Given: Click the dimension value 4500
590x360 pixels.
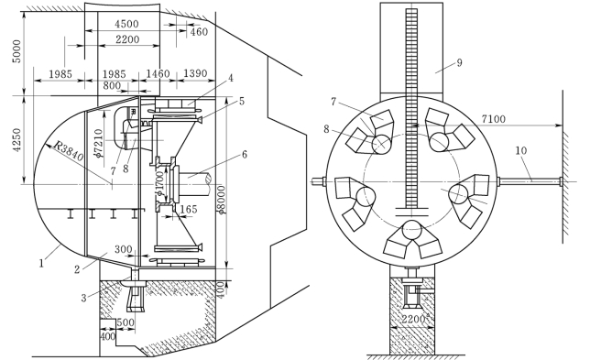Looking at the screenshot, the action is pos(126,24).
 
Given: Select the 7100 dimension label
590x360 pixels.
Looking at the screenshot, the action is pos(493,119).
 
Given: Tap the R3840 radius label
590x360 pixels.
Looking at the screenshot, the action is pos(68,150).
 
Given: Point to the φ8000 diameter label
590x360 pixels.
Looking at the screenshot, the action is pos(222,200).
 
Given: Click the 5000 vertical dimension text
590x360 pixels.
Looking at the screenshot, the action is pos(17,51).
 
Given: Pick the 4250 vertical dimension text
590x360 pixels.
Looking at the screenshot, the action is pos(17,140).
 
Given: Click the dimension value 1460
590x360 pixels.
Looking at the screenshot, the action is pos(158,73).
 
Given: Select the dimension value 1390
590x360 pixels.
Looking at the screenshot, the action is pos(195,73).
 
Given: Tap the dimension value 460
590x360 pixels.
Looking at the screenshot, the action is pos(199,31).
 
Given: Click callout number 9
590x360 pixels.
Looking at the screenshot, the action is pos(459,62).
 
